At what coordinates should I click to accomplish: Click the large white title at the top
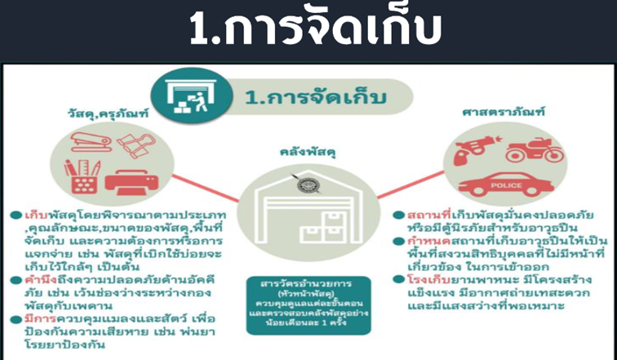(315, 28)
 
